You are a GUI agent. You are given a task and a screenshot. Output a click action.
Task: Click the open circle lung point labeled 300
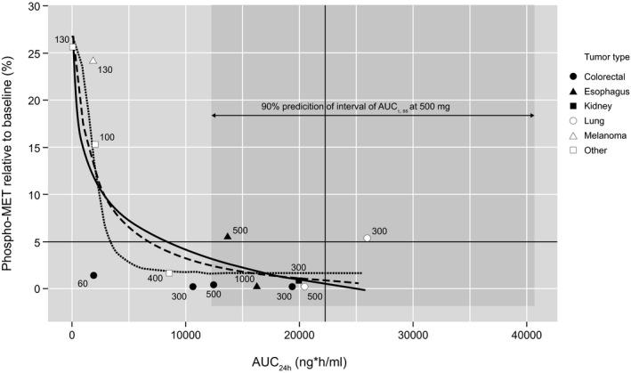(x=368, y=238)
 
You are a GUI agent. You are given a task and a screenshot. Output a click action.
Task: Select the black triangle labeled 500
(x=227, y=236)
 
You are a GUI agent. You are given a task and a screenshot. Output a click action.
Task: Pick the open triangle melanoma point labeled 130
(x=93, y=61)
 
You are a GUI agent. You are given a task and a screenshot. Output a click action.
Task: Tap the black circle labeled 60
(x=93, y=275)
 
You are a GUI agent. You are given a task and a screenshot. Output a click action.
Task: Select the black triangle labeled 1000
(x=256, y=286)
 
